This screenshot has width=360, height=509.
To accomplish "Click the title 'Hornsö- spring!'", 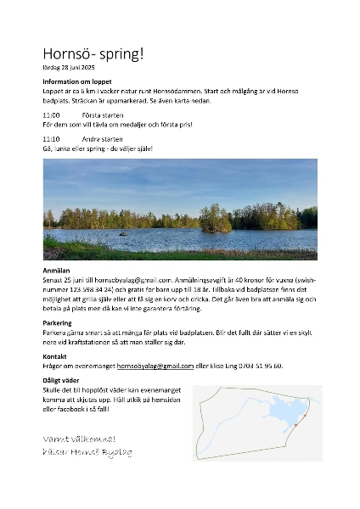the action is [x=93, y=53].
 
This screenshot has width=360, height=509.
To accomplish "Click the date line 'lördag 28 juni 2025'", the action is [x=69, y=67].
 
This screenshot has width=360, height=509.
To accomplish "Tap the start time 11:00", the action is [x=51, y=114].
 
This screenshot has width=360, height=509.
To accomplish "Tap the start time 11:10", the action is [x=51, y=137].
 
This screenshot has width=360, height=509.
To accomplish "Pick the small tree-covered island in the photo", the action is [x=215, y=221].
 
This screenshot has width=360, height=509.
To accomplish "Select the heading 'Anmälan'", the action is [x=55, y=268].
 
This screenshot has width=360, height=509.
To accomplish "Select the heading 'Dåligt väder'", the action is [x=62, y=380].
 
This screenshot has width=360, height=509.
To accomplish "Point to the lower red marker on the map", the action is [x=295, y=424].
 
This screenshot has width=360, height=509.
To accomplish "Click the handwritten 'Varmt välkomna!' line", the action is [x=79, y=439].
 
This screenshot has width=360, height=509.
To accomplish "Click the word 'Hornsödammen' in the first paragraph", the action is [x=181, y=91].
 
